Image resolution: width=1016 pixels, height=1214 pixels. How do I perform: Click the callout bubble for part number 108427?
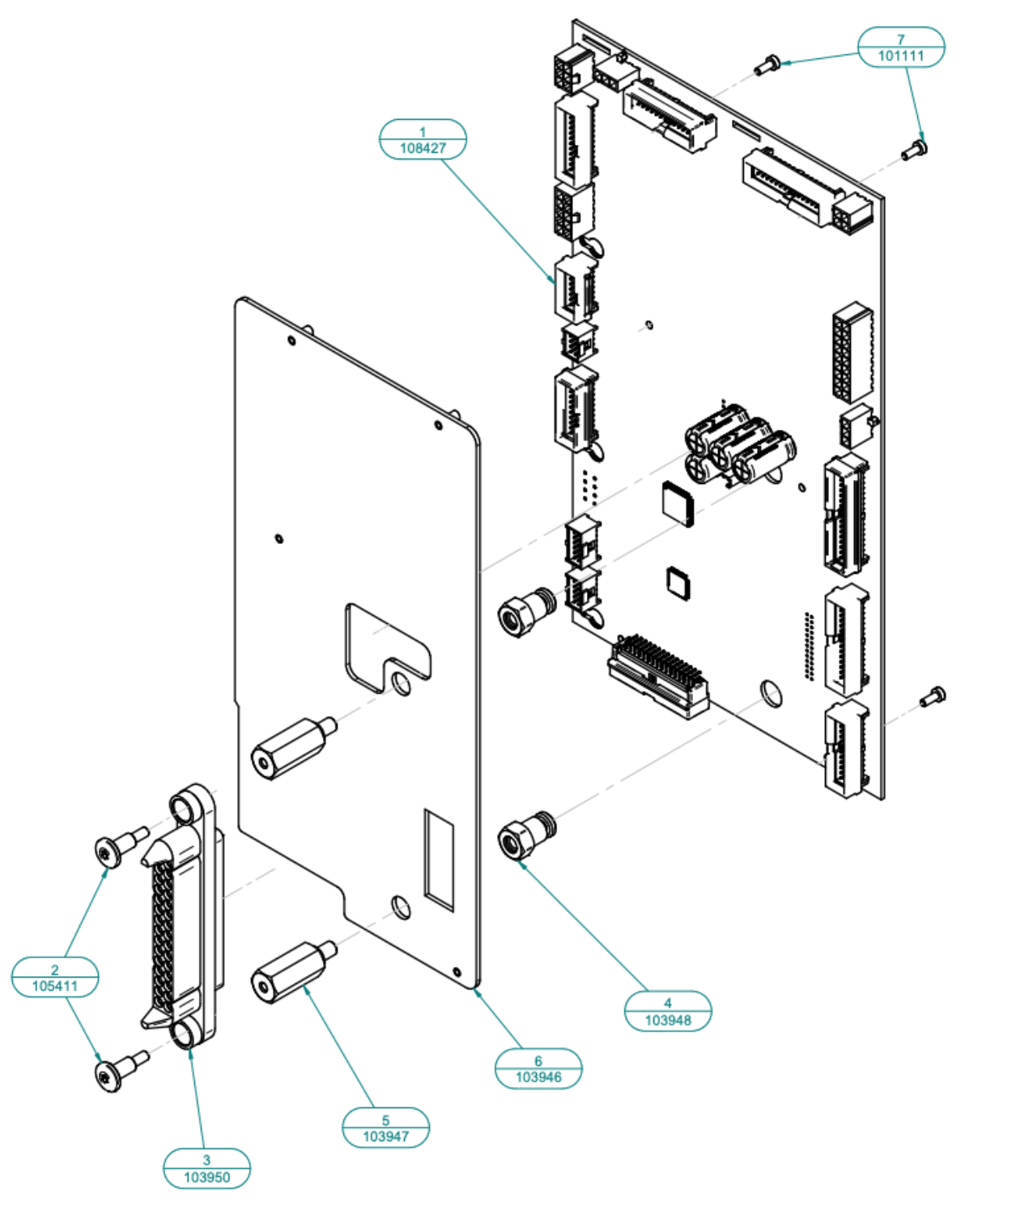[x=423, y=139]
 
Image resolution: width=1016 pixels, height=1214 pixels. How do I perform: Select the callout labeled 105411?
[x=55, y=977]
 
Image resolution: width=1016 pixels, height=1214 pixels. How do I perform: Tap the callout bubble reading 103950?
[x=206, y=1169]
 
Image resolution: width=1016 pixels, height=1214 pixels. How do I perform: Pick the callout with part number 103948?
[x=668, y=1011]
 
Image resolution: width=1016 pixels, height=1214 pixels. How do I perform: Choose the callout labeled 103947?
[x=385, y=1127]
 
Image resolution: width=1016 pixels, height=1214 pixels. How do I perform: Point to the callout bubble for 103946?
[x=538, y=1068]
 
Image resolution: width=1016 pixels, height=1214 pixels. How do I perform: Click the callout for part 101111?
[x=900, y=47]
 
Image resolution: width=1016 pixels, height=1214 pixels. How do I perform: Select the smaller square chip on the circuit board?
[x=678, y=583]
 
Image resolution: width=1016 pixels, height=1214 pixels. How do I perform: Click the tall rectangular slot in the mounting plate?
[x=439, y=860]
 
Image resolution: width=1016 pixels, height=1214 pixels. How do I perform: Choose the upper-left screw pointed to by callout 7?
[x=768, y=64]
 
